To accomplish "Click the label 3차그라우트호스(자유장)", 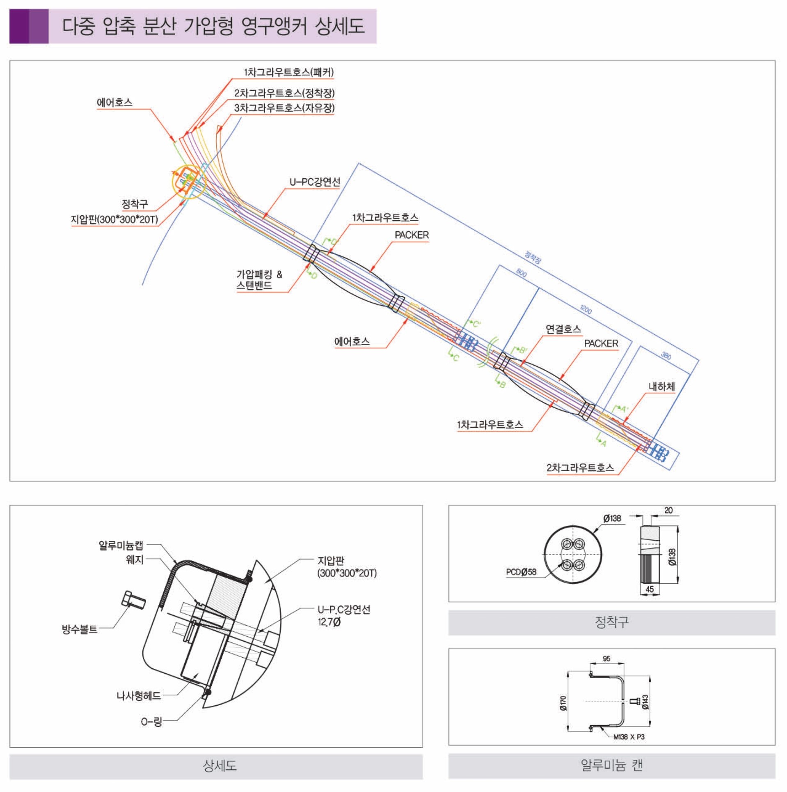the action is click(284, 108).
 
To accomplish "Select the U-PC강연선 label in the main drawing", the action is click(315, 182).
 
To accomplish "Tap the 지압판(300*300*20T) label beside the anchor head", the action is click(114, 219).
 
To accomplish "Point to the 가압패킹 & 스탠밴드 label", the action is click(259, 280).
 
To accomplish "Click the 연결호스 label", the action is click(563, 329).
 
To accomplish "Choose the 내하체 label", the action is click(661, 387).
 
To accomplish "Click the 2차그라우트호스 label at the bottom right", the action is click(580, 468).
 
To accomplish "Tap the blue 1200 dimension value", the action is click(586, 310).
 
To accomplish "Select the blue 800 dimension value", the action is click(521, 273).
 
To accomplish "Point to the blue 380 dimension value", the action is click(666, 356).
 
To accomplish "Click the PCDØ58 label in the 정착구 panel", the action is click(521, 572).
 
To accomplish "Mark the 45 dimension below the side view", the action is click(650, 589).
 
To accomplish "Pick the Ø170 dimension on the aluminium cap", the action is click(563, 703).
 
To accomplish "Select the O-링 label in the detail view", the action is click(151, 721).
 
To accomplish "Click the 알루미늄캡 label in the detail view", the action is click(121, 546).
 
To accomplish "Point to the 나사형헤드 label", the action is click(139, 695).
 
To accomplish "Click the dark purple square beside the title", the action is click(19, 26).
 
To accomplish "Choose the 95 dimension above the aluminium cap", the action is click(606, 658).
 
